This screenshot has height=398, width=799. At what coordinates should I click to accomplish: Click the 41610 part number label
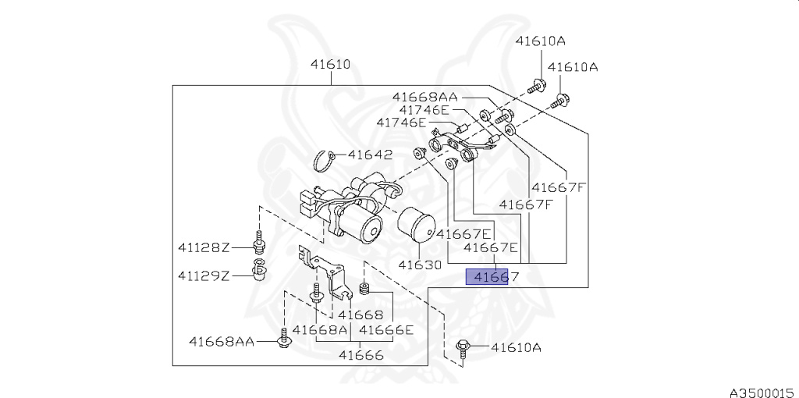point(330,65)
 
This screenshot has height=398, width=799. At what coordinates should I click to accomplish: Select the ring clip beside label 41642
point(325,162)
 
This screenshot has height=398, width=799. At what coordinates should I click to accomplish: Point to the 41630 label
point(421,265)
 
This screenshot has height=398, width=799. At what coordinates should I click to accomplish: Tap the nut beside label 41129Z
point(258,274)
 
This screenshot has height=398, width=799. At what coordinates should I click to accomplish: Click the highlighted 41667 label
point(487,276)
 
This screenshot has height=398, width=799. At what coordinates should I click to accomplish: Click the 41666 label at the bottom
point(360,355)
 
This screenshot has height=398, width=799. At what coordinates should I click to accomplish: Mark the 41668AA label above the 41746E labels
point(424,97)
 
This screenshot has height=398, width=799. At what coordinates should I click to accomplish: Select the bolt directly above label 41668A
point(316,292)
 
